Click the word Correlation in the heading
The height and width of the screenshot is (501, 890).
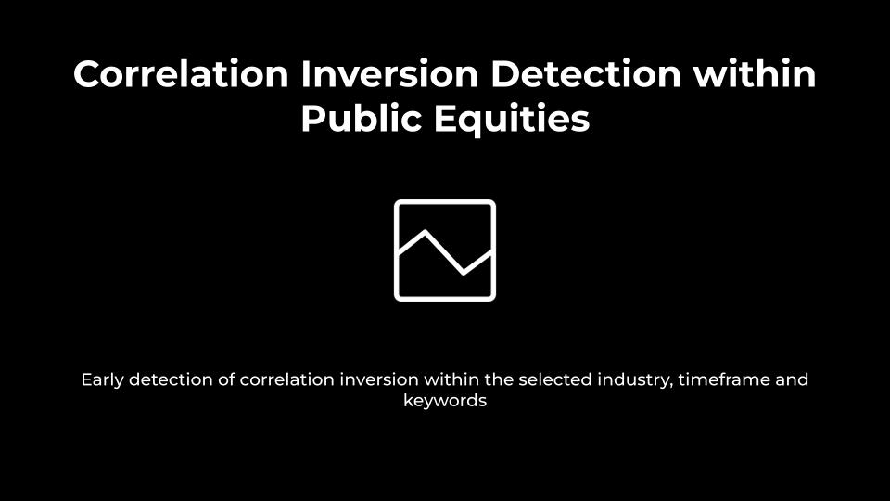[x=181, y=74]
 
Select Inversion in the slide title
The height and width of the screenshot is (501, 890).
[x=389, y=74]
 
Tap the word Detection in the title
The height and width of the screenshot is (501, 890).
[x=585, y=74]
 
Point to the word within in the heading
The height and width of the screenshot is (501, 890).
[x=755, y=74]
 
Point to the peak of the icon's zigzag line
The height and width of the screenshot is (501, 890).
[x=426, y=231]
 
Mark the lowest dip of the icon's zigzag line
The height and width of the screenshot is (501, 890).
[x=464, y=272]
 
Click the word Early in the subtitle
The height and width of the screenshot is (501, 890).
[x=102, y=380]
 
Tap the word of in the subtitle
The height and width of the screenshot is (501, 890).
[x=226, y=379]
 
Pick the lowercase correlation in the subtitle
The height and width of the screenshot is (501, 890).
[x=286, y=379]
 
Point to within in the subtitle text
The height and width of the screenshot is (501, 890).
[x=451, y=379]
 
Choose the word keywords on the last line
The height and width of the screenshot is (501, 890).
[x=445, y=401]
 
